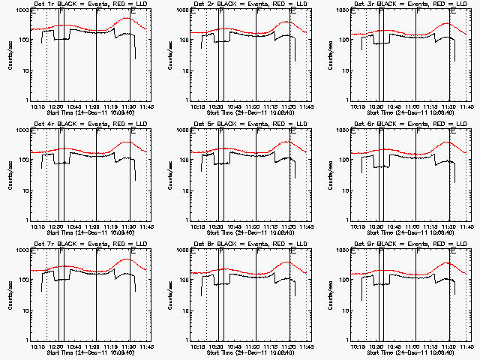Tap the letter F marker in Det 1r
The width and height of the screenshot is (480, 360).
(x=97, y=13)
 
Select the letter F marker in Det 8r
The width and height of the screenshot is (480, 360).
(x=257, y=253)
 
